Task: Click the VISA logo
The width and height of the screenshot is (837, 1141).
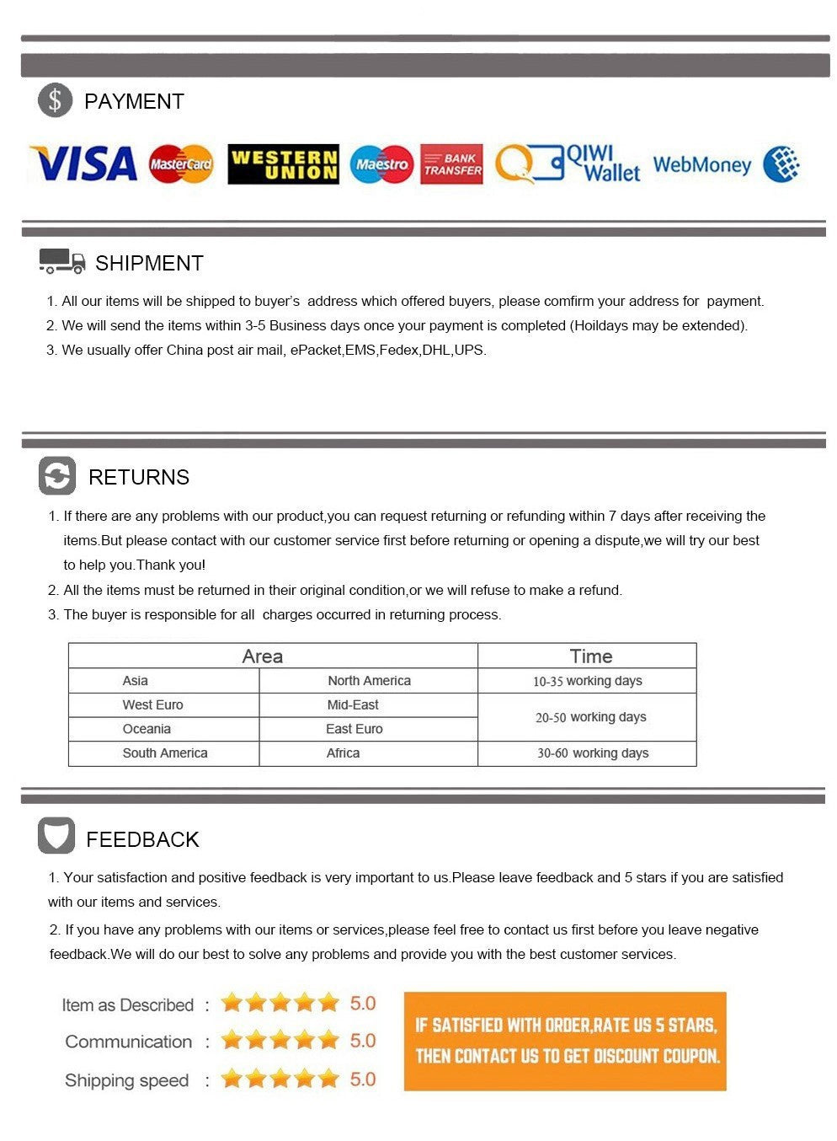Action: click(83, 163)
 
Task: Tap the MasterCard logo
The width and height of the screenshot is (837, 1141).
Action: click(181, 164)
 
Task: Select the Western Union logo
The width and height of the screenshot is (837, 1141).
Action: click(283, 164)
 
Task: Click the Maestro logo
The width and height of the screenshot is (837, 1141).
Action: click(381, 164)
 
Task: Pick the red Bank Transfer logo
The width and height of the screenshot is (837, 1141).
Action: click(452, 164)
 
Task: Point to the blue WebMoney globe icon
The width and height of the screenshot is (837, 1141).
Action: click(781, 164)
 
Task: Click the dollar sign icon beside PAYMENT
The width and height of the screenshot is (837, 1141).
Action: click(56, 101)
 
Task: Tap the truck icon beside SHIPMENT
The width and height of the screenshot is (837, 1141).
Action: click(61, 261)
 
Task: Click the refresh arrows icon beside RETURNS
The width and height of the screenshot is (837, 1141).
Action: click(57, 476)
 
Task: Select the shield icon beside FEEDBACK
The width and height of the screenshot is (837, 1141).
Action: click(56, 836)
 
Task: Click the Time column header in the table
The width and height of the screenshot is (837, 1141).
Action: click(590, 656)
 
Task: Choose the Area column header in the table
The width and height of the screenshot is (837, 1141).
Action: click(262, 656)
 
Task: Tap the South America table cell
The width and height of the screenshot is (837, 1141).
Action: click(165, 753)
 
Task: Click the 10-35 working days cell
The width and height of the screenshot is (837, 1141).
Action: click(587, 681)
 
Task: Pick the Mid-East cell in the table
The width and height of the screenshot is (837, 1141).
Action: click(353, 705)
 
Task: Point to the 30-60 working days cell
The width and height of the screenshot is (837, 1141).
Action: click(593, 753)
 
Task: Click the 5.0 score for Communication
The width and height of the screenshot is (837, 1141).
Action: click(363, 1041)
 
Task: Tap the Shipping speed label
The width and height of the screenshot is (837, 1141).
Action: click(126, 1080)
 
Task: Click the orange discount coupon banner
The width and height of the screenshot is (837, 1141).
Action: click(565, 1041)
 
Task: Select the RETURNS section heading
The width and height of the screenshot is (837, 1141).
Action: click(139, 477)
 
